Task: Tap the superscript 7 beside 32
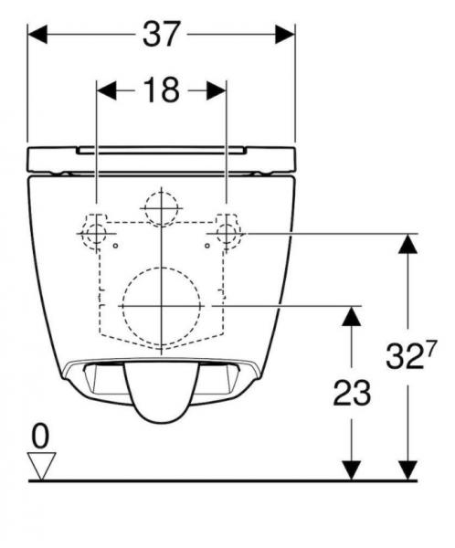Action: click(x=429, y=347)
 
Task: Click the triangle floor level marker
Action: click(x=40, y=466)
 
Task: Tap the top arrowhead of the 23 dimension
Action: click(x=348, y=314)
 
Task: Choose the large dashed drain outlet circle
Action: click(x=158, y=304)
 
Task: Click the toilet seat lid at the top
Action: click(x=162, y=157)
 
